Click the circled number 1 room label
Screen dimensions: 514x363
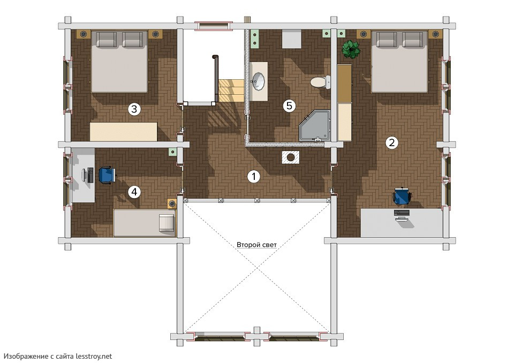tap(253, 177)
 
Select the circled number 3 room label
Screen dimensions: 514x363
tap(134, 109)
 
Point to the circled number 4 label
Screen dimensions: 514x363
tap(134, 192)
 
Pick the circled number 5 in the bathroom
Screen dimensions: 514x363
tap(289, 105)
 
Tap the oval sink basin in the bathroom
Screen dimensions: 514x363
tap(259, 81)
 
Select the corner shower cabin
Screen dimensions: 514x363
tap(315, 126)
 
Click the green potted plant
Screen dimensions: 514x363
tap(351, 49)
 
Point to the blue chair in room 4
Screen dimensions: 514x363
tap(107, 175)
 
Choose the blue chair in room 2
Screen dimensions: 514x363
tap(402, 195)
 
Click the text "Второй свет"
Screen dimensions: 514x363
tap(256, 245)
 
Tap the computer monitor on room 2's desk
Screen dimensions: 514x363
tap(402, 213)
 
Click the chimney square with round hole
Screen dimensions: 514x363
tap(290, 157)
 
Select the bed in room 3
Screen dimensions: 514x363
tap(119, 62)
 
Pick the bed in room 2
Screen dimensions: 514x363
tap(399, 62)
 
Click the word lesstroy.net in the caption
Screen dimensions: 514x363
tap(94, 356)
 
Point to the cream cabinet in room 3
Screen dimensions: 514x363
tap(124, 132)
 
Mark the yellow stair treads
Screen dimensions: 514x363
tap(231, 90)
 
